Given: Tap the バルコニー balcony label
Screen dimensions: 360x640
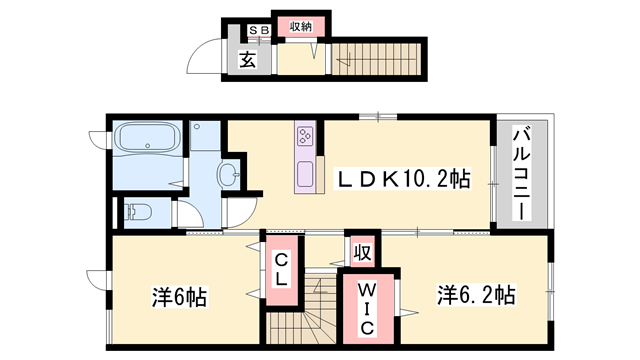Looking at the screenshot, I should pos(521,174).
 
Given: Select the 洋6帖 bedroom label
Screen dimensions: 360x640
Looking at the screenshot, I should pos(179,297).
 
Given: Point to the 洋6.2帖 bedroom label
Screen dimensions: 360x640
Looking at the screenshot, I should pos(475,296).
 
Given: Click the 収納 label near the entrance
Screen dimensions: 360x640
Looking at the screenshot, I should pos(301,28).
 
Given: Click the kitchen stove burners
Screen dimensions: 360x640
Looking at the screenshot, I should pos(306,136).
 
